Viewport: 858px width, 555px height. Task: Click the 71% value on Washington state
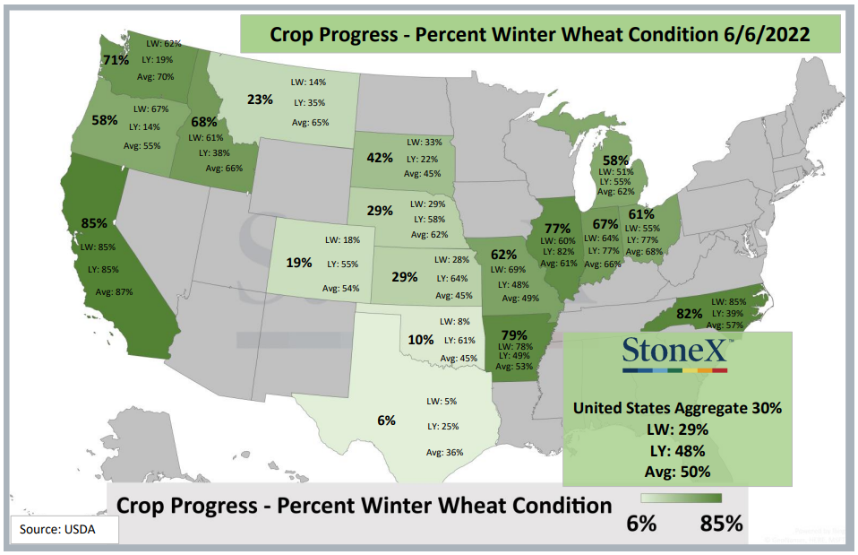(x=116, y=60)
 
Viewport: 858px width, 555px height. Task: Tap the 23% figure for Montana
(x=260, y=100)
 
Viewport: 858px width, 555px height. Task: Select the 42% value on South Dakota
(x=380, y=158)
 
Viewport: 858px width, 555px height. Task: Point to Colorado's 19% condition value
(x=299, y=263)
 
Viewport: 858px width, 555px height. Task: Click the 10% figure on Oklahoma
(x=421, y=340)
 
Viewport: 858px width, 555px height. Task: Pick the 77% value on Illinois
(x=558, y=228)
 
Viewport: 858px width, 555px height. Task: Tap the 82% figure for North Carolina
(x=690, y=314)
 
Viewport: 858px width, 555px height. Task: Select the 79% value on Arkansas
(x=514, y=334)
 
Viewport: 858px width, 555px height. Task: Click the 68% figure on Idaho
(x=204, y=122)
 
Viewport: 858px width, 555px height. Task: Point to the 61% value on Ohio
(x=641, y=214)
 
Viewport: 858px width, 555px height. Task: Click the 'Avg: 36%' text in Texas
(x=445, y=453)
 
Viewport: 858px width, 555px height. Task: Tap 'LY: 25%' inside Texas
(x=443, y=426)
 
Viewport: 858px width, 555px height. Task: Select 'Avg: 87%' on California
(x=115, y=292)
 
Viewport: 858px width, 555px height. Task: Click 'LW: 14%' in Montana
(x=309, y=82)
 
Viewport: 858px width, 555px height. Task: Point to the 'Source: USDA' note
(x=57, y=529)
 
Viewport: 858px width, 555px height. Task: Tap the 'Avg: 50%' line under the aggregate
(x=677, y=472)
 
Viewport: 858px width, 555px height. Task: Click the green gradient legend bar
(x=682, y=498)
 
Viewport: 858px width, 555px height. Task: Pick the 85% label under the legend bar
(x=721, y=524)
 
